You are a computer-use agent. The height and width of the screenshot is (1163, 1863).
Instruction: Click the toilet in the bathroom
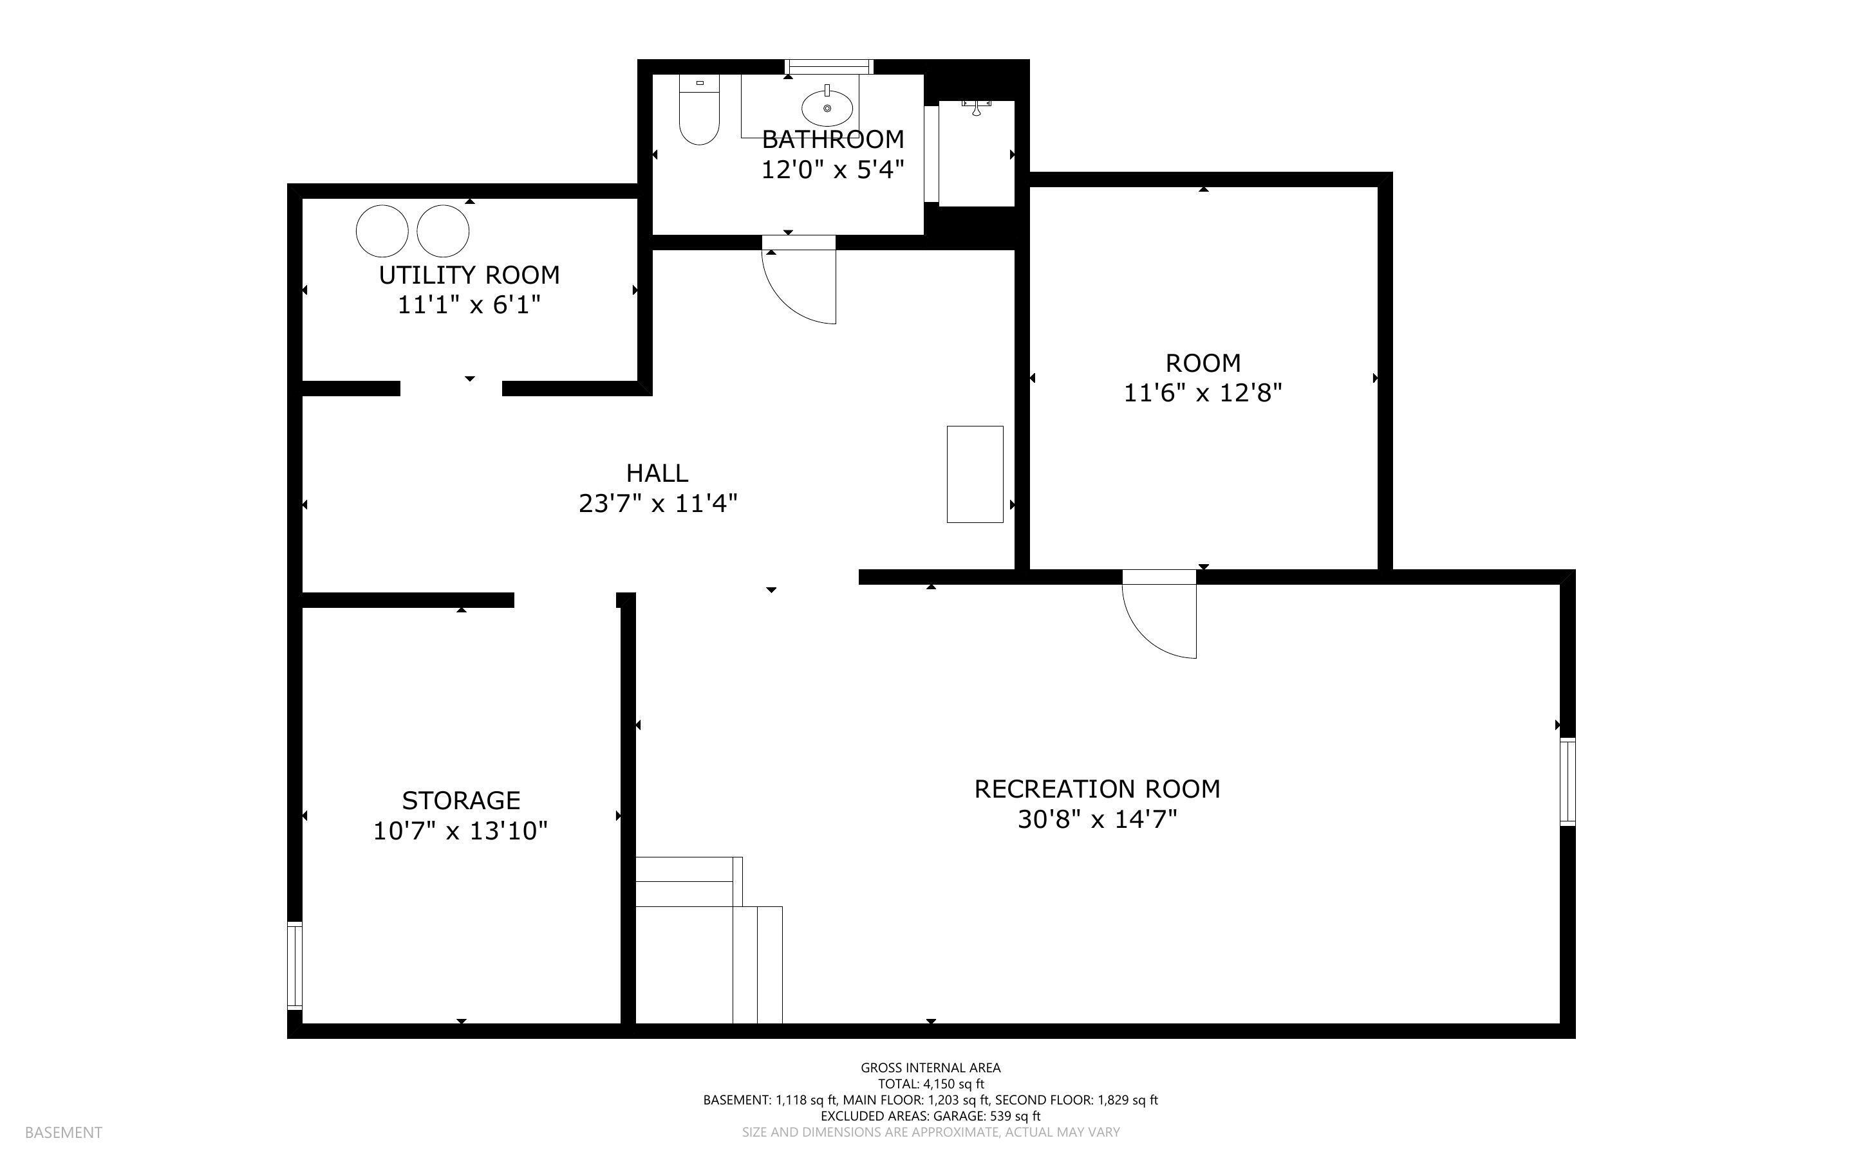(x=698, y=111)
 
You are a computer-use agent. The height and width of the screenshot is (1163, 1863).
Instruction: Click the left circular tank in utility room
(x=382, y=231)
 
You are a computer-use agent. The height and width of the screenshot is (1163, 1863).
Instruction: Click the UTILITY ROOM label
(x=469, y=275)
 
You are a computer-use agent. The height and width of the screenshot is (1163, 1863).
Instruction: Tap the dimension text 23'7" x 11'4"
(x=658, y=504)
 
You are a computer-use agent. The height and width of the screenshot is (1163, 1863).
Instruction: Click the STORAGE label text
(x=461, y=801)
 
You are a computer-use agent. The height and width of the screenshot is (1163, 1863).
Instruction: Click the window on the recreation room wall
(x=1568, y=782)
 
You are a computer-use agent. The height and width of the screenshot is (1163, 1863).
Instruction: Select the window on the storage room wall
(x=295, y=966)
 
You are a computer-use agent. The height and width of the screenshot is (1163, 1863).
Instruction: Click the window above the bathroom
(x=830, y=67)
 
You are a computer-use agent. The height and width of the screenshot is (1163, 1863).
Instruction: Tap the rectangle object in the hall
(x=974, y=474)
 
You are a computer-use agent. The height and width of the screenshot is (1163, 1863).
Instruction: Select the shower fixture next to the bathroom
(x=976, y=107)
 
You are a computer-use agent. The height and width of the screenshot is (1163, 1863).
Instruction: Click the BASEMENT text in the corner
(x=63, y=1132)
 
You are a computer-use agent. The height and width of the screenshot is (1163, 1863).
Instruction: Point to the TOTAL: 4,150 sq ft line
(x=930, y=1084)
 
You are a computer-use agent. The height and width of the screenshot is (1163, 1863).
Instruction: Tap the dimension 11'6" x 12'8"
(x=1203, y=394)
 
